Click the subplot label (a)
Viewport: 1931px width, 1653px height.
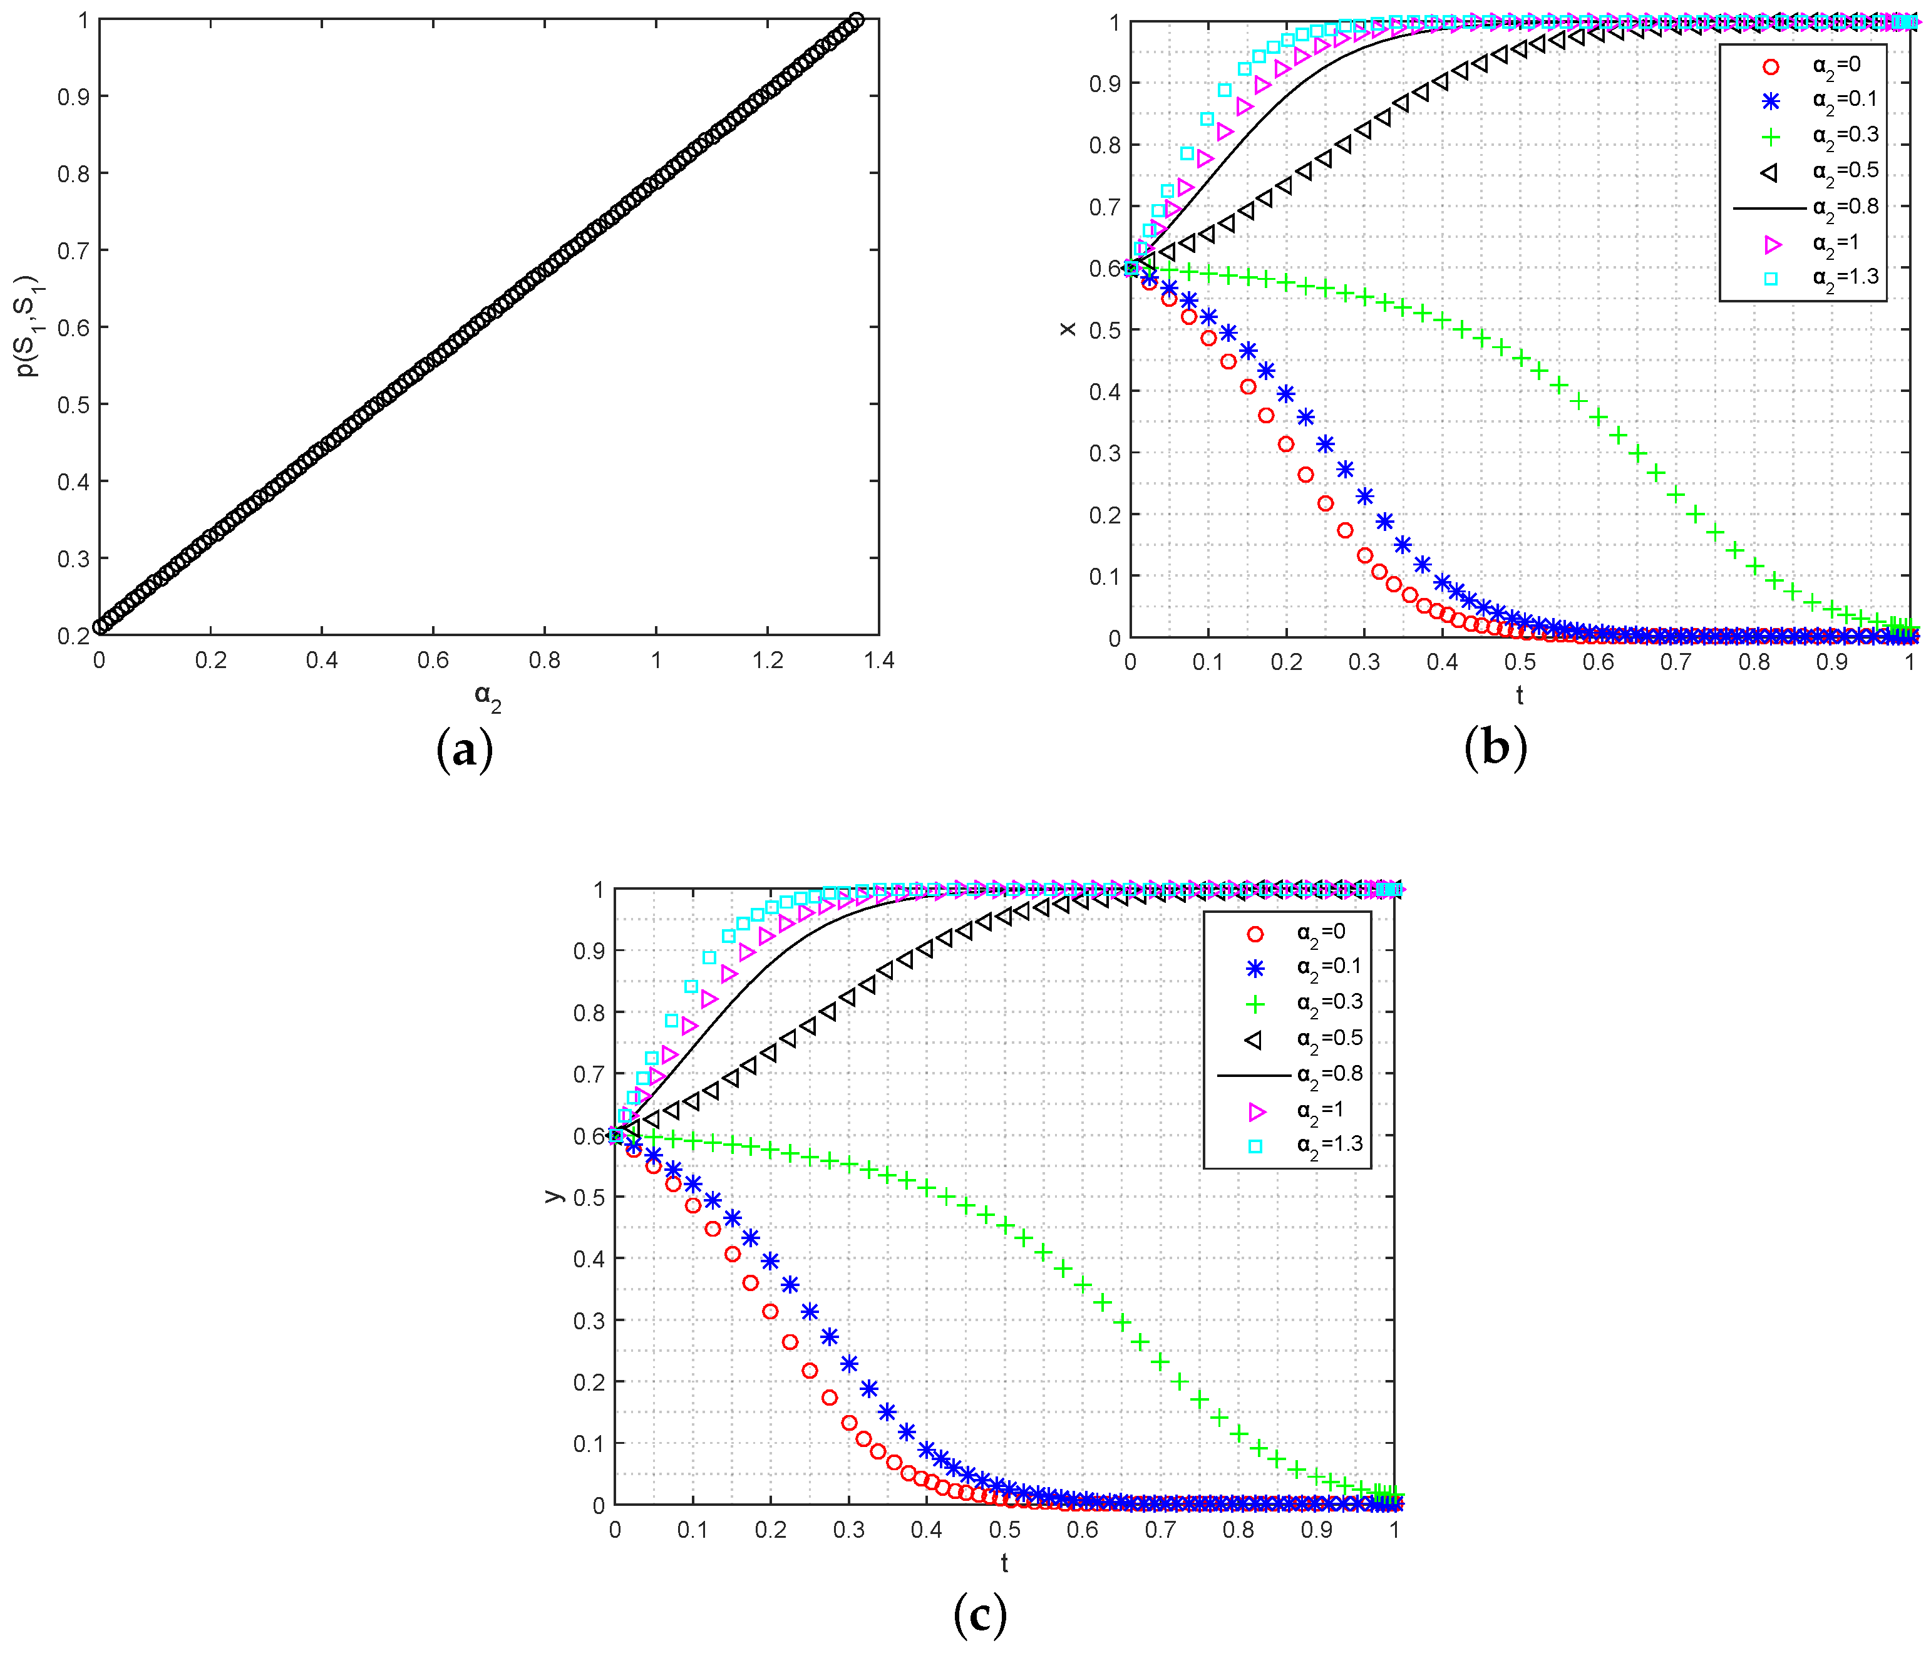click(464, 749)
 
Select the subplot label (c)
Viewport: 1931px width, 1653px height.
click(979, 1615)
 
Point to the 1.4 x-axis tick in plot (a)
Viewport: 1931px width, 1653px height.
click(878, 661)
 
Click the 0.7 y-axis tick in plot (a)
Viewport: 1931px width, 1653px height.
click(74, 250)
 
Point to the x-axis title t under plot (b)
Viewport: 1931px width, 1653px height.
click(1519, 695)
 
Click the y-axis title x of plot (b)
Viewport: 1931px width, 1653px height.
click(1068, 328)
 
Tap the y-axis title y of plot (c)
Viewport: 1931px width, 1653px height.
click(554, 1195)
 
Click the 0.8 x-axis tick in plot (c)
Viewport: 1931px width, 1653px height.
click(1238, 1530)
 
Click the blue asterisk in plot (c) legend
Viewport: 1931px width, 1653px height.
click(1255, 968)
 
